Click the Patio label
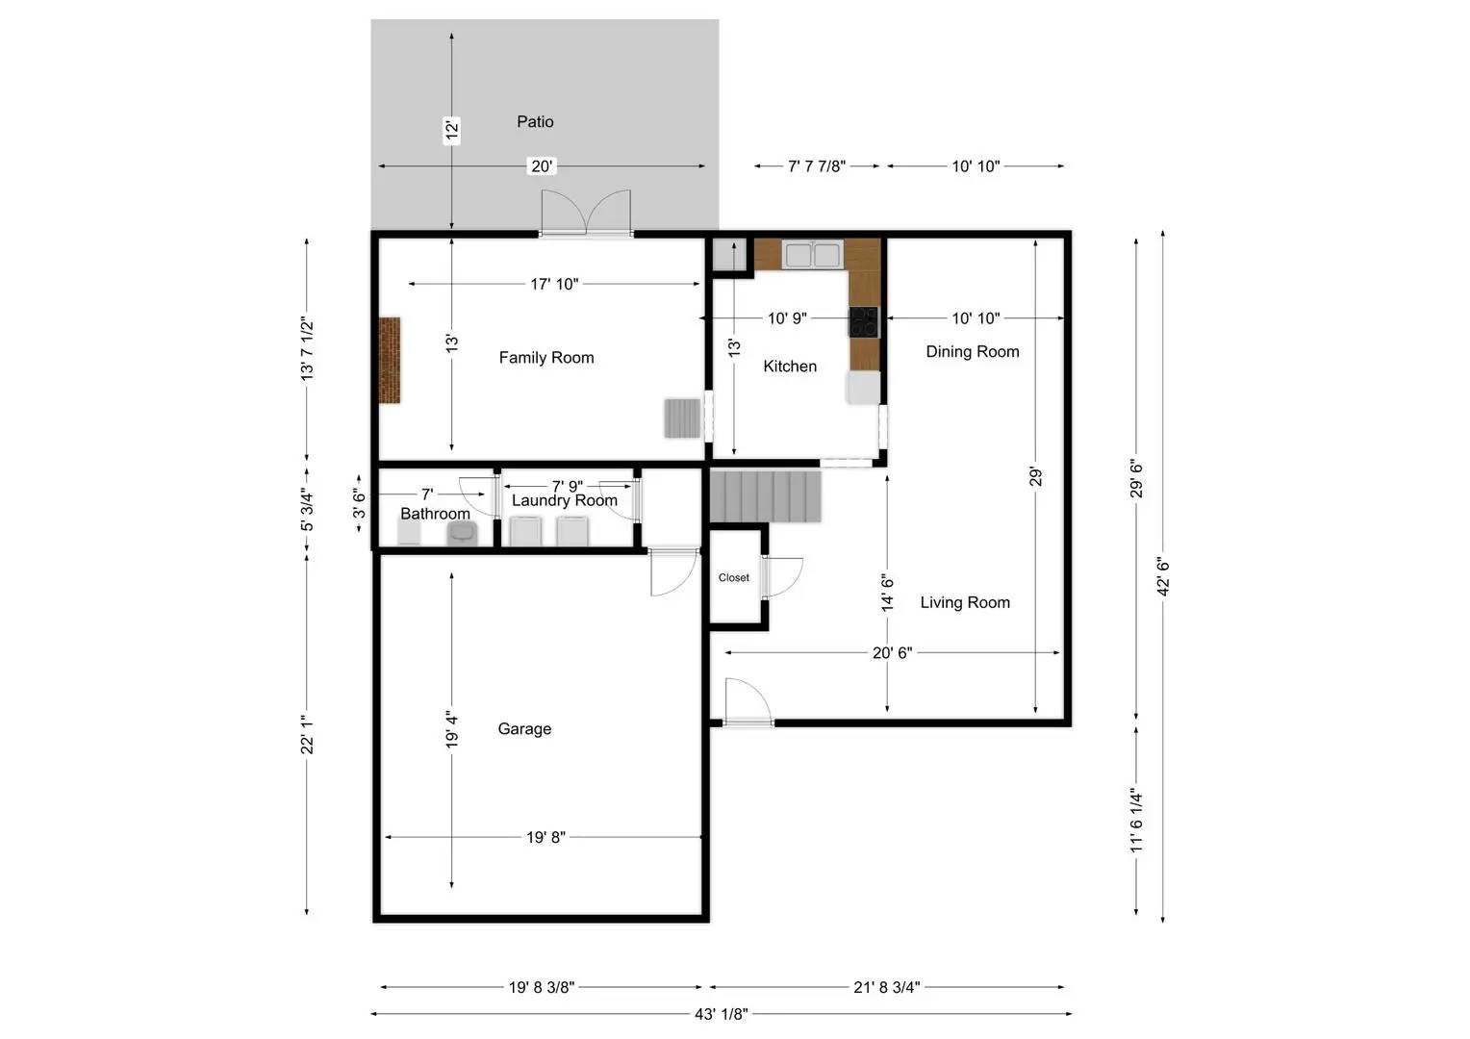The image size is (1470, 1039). [x=535, y=121]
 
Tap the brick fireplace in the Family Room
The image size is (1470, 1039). [x=389, y=361]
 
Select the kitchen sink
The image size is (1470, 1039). [x=812, y=255]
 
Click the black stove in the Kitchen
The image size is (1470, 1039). [x=864, y=321]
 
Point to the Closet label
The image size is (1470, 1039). [x=733, y=578]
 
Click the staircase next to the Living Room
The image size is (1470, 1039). [x=766, y=494]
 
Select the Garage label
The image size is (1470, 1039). [x=524, y=729]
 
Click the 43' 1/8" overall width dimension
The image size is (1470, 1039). [x=721, y=1013]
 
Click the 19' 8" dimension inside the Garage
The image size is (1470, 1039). [x=545, y=837]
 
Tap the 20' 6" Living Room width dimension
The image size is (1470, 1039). [x=892, y=652]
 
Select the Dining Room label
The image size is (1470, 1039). [x=972, y=352]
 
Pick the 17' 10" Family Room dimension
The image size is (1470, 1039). [x=554, y=284]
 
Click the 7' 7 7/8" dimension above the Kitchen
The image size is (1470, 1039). [x=817, y=166]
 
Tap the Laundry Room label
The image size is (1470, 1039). [x=564, y=501]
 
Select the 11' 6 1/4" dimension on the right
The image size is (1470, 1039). [x=1136, y=820]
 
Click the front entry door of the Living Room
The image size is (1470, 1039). [x=748, y=702]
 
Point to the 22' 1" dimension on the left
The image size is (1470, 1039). [x=307, y=734]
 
